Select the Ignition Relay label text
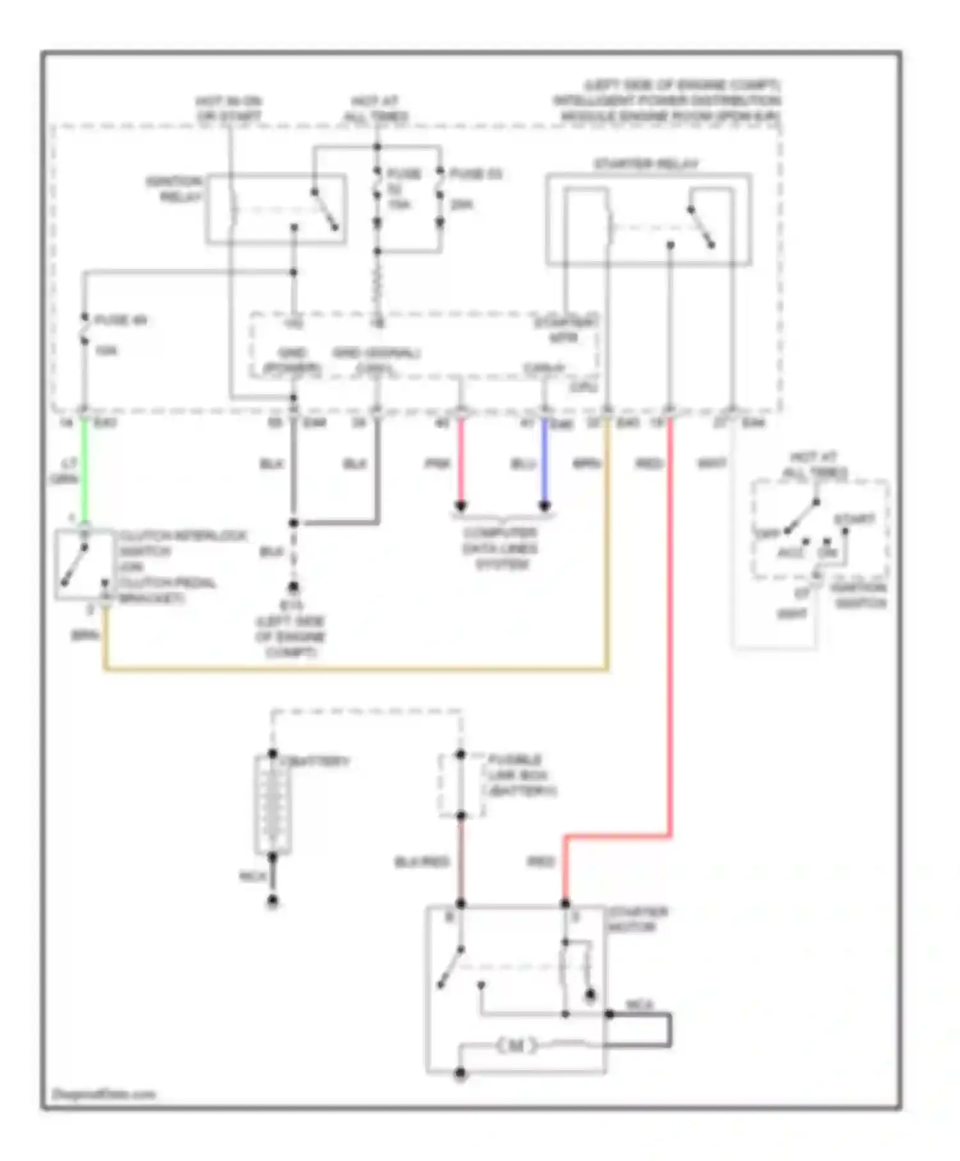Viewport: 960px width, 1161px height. (174, 189)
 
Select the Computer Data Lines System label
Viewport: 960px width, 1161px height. (501, 548)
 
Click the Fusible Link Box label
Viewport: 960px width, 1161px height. (521, 775)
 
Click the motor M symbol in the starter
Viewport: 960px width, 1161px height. (516, 1046)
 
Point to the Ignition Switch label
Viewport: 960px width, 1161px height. (860, 595)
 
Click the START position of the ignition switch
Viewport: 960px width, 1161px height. (854, 519)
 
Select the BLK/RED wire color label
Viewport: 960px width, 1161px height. (422, 863)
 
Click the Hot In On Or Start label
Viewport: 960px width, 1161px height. (229, 109)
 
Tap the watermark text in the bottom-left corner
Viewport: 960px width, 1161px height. (104, 1094)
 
